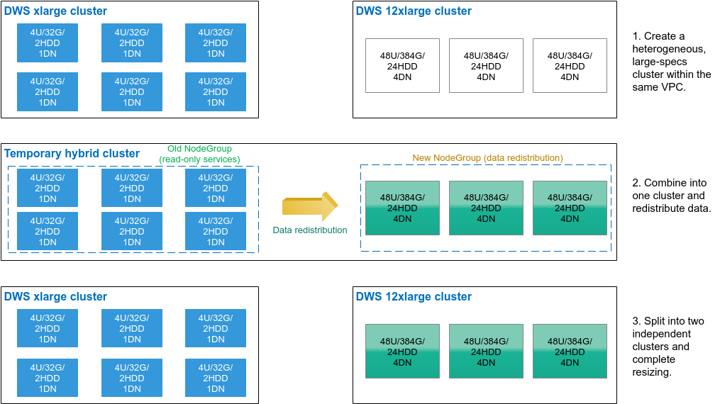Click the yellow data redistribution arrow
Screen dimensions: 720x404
(x=310, y=206)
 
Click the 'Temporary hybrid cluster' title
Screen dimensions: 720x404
(x=72, y=153)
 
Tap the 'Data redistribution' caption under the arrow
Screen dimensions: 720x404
(x=310, y=230)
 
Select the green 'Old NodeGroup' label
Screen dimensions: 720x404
(x=199, y=149)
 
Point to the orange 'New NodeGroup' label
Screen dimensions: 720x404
(x=487, y=158)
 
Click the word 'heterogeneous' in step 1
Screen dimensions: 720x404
(x=668, y=49)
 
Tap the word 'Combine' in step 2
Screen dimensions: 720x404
(x=665, y=183)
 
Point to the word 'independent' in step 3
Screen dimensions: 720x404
(x=661, y=334)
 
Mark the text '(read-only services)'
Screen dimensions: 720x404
(x=200, y=159)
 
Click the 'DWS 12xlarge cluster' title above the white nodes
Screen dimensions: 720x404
(x=414, y=11)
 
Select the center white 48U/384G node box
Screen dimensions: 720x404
(x=486, y=66)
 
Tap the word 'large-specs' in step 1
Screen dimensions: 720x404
(x=660, y=62)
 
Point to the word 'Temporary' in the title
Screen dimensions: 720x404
(x=33, y=153)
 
